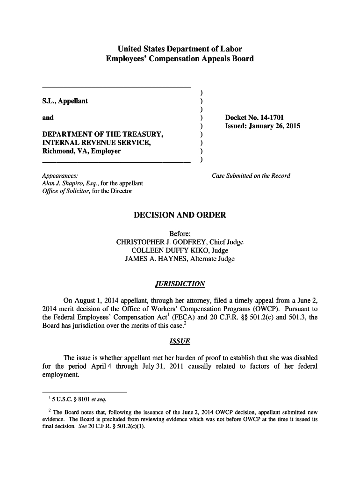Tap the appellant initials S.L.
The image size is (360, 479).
(x=48, y=101)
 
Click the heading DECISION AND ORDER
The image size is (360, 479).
(x=180, y=215)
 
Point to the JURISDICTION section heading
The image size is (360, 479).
(x=180, y=284)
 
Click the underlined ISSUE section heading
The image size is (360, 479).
(x=180, y=341)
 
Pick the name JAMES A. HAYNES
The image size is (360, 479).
(x=155, y=259)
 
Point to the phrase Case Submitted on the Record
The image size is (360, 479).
(x=251, y=175)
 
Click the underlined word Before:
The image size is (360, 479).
(x=180, y=234)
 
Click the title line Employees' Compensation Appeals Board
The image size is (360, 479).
(x=180, y=59)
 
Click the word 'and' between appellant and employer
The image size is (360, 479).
(x=48, y=117)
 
